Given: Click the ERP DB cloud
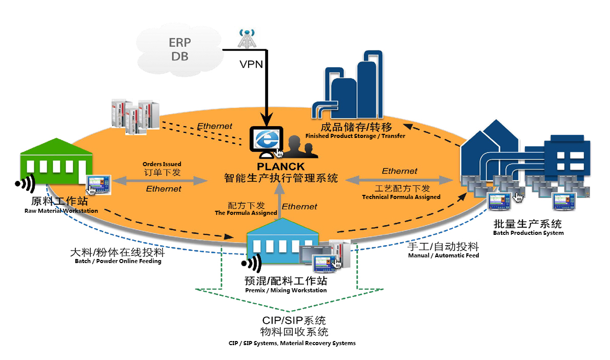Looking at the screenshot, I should [x=179, y=49].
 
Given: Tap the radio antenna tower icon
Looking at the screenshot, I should [x=247, y=38].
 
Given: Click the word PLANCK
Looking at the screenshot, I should [x=281, y=167].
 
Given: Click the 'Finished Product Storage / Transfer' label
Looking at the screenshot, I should [x=355, y=136].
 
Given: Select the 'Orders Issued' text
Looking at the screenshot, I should [x=161, y=164].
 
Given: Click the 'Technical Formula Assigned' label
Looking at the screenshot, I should [x=401, y=197].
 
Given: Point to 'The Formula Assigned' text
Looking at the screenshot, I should [x=246, y=213].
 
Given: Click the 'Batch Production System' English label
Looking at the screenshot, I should [x=528, y=233].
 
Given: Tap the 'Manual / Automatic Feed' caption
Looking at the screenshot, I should [x=443, y=255].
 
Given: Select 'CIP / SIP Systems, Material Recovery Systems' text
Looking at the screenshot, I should [x=292, y=343].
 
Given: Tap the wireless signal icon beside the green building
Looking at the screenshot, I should [x=25, y=183].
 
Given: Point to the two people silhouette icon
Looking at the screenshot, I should [x=299, y=147].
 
